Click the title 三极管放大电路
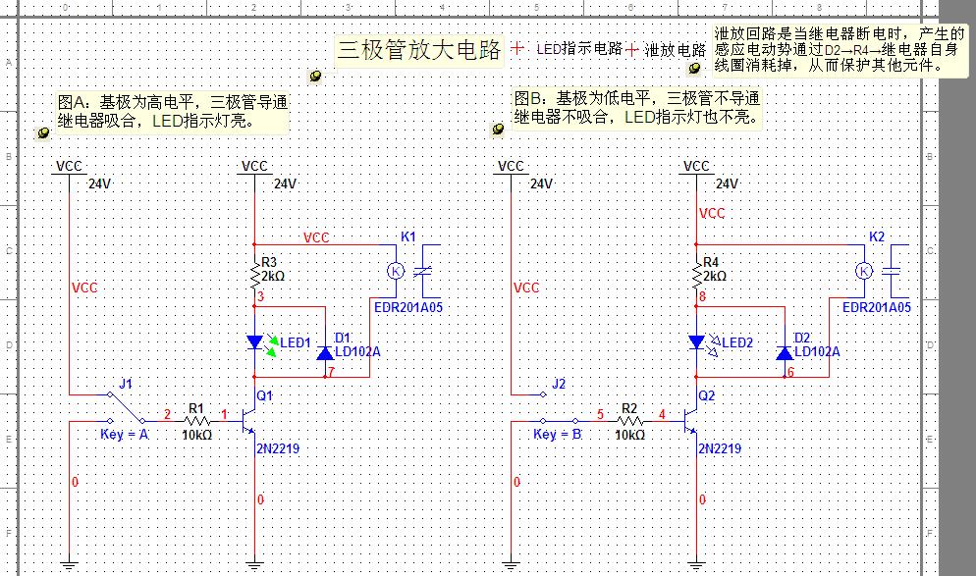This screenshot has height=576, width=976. (x=418, y=49)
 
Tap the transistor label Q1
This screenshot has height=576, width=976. (x=264, y=394)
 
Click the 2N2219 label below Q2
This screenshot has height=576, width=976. (x=719, y=448)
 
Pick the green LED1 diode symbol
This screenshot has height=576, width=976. (x=255, y=342)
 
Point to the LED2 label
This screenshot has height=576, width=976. (x=736, y=342)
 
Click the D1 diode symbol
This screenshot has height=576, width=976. (x=324, y=352)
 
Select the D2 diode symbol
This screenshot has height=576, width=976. (x=783, y=352)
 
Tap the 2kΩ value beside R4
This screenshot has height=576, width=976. (x=715, y=277)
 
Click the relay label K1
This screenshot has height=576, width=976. (x=409, y=237)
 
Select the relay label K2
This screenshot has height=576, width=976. (x=877, y=237)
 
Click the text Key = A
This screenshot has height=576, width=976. (x=125, y=434)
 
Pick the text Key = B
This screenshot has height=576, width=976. (x=558, y=434)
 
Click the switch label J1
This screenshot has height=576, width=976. (x=125, y=383)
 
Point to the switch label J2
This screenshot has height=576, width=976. (x=559, y=383)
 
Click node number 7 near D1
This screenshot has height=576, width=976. (x=333, y=372)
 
